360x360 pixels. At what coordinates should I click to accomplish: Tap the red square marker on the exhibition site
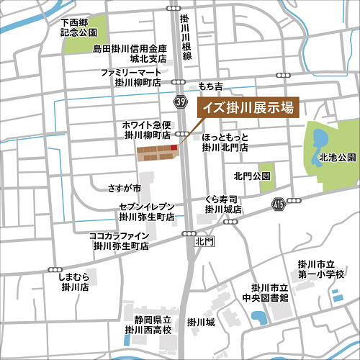[174, 148]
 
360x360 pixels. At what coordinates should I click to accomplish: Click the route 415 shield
[278, 205]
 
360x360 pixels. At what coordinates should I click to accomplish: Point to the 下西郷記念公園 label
[80, 27]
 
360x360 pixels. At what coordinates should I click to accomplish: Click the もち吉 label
[212, 86]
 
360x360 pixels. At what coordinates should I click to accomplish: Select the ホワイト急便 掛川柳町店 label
[147, 130]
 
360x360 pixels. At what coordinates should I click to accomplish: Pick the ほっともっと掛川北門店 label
[225, 141]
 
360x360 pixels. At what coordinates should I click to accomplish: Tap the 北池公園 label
[338, 157]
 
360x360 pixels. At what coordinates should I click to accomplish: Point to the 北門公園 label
[251, 176]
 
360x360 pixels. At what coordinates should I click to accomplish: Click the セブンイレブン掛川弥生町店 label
[147, 211]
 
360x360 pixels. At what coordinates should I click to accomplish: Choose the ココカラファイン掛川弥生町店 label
[120, 240]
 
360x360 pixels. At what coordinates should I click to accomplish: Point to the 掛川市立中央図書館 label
[265, 292]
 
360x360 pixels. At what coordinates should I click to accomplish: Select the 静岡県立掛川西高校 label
[148, 325]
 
